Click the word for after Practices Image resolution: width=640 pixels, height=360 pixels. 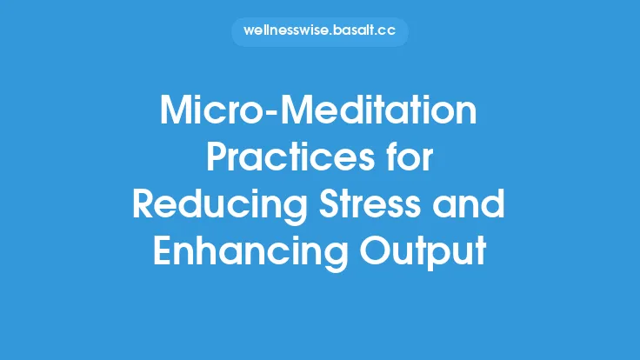[x=408, y=160]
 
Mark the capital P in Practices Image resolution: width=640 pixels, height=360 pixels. [x=218, y=160]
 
